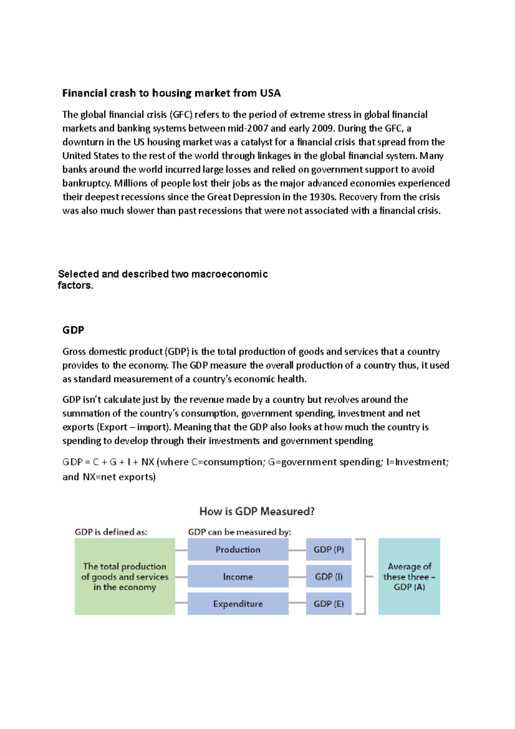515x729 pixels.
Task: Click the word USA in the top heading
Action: click(270, 93)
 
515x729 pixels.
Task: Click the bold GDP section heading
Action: click(73, 330)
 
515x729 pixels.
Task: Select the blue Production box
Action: click(238, 550)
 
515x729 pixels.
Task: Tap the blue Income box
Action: click(238, 577)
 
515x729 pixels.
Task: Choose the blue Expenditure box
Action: click(238, 604)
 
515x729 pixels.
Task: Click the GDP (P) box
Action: click(328, 550)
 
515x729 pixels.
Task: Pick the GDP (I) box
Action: click(328, 577)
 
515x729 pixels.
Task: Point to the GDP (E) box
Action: click(328, 604)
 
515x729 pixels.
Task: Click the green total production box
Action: click(124, 577)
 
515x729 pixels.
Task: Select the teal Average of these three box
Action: click(409, 577)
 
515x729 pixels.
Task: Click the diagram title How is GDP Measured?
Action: click(257, 511)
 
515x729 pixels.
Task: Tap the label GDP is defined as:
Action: click(111, 532)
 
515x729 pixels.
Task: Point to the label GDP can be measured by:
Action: click(239, 532)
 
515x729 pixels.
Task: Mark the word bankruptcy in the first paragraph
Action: click(87, 183)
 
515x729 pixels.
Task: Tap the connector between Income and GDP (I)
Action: click(297, 577)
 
